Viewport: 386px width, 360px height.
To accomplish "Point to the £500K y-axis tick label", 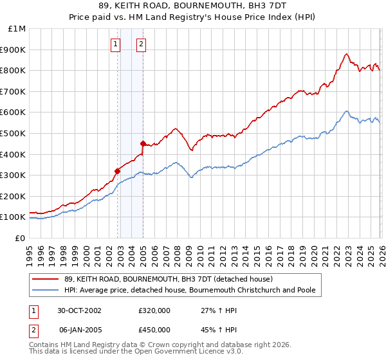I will pyautogui.click(x=15, y=133).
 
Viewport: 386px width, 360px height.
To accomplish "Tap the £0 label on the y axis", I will pyautogui.click(x=21, y=238).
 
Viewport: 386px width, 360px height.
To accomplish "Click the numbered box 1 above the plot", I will pyautogui.click(x=115, y=44).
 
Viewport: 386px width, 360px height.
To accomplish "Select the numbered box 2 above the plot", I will pyautogui.click(x=141, y=44).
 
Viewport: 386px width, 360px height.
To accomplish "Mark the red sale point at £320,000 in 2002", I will pyautogui.click(x=118, y=171).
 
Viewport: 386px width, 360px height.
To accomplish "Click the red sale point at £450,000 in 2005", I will pyautogui.click(x=143, y=143).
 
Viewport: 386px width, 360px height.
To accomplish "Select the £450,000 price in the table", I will pyautogui.click(x=154, y=329).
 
